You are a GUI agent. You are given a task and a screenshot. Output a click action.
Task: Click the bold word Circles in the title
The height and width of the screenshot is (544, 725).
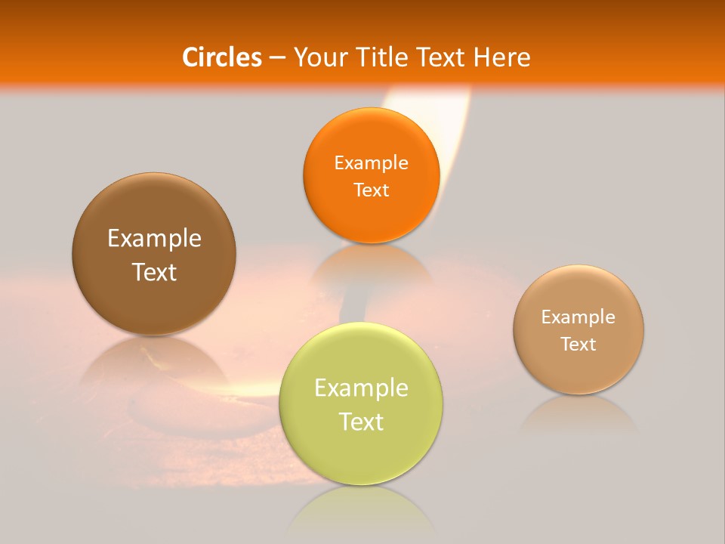pyautogui.click(x=222, y=57)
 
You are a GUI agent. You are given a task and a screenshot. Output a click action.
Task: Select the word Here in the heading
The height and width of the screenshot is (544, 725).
pyautogui.click(x=501, y=57)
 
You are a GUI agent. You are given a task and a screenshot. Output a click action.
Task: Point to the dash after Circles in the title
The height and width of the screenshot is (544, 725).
pyautogui.click(x=277, y=58)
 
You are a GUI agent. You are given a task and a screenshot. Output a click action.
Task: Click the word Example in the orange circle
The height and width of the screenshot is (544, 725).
pyautogui.click(x=371, y=163)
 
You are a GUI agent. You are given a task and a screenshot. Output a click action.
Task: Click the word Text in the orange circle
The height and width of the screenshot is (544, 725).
pyautogui.click(x=371, y=190)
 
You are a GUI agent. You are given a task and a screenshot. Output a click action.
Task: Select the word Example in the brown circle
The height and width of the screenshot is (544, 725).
pyautogui.click(x=154, y=239)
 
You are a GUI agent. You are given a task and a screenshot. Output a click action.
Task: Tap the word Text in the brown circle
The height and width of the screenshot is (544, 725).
pyautogui.click(x=154, y=272)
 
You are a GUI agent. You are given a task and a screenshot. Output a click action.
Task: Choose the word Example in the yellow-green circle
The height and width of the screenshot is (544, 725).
pyautogui.click(x=361, y=388)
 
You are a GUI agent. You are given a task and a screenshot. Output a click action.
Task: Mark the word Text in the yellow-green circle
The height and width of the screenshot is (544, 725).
pyautogui.click(x=361, y=422)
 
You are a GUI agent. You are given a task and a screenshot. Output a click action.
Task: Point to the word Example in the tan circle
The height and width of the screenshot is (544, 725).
pyautogui.click(x=578, y=317)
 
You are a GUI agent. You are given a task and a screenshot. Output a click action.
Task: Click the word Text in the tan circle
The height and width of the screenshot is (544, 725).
pyautogui.click(x=578, y=345)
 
